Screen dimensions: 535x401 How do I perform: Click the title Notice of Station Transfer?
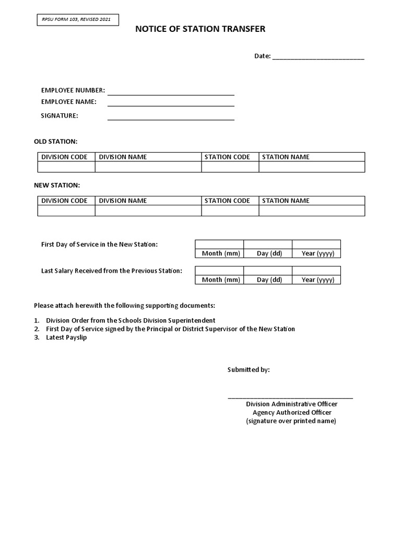(200, 29)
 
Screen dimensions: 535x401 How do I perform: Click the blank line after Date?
(318, 57)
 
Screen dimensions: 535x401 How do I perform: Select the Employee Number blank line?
(171, 94)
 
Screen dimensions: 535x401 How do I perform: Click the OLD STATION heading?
(56, 142)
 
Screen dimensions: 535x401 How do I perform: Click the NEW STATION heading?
(57, 185)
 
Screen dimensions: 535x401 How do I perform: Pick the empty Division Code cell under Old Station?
(66, 167)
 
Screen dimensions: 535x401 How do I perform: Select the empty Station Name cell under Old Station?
(312, 167)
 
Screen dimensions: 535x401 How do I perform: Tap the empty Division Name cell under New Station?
(148, 211)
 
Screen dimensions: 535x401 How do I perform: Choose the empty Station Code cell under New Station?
(230, 211)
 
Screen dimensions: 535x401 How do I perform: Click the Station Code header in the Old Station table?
(228, 157)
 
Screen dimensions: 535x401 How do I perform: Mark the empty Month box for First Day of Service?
(219, 245)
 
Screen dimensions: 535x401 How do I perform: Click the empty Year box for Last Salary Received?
(316, 271)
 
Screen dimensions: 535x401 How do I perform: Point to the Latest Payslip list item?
(66, 338)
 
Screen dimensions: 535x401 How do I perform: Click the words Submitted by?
(249, 370)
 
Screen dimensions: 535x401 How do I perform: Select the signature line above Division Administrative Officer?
(290, 398)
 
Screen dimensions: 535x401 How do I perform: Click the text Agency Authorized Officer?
(292, 413)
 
